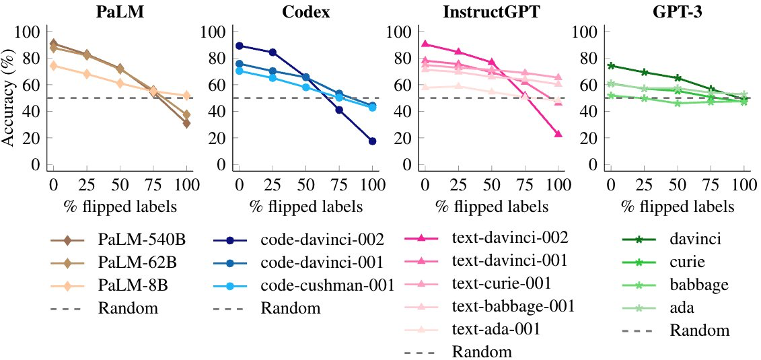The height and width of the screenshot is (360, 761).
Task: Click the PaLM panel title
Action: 119,12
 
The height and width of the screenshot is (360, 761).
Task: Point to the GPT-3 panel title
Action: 676,12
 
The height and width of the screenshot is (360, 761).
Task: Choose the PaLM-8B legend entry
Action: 127,285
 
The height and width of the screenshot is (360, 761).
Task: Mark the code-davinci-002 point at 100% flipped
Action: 372,141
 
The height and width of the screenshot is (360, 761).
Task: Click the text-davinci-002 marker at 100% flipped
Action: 558,135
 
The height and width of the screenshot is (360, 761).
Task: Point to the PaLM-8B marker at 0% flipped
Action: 53,65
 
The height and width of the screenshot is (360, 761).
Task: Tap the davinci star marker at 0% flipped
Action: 611,66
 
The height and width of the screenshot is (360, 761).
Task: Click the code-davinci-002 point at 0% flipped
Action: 239,46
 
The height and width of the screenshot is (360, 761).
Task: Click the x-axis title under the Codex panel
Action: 305,207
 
